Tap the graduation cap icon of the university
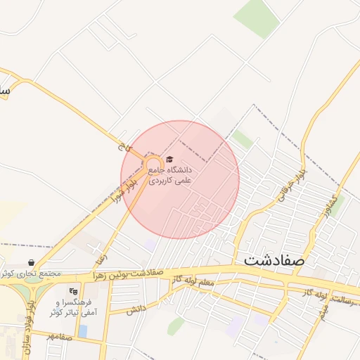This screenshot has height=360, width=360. pos(169,160)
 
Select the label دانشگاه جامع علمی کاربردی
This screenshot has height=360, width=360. pos(169,175)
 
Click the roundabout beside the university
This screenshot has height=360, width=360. pos(153,167)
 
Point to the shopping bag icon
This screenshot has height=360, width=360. pos(32,262)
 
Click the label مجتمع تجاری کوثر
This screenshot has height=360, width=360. pos(32,273)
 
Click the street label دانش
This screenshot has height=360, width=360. pos(136,309)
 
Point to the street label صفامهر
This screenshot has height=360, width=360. pos(60,337)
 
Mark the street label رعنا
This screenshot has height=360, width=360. pos(101,249)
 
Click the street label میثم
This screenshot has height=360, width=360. pos(323,314)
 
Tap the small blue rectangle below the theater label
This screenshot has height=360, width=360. pos(83,330)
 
